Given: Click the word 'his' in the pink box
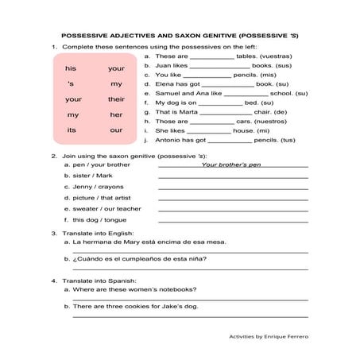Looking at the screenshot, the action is tap(71, 69).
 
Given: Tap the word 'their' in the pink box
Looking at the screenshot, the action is tap(117, 99).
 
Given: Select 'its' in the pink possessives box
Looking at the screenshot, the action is tap(72, 130).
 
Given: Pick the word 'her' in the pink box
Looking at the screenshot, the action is tap(117, 114).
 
